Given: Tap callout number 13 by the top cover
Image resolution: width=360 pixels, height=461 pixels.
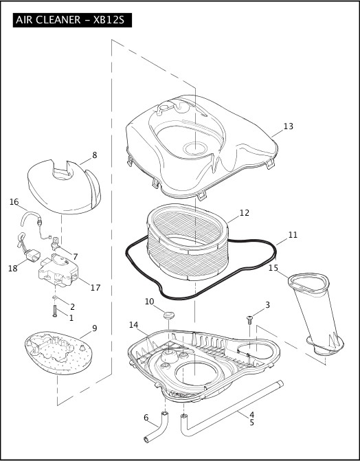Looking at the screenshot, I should pyautogui.click(x=288, y=126).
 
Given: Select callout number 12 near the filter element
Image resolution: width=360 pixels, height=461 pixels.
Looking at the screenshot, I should pyautogui.click(x=244, y=213).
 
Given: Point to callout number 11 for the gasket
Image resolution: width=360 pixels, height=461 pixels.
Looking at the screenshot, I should pyautogui.click(x=293, y=235).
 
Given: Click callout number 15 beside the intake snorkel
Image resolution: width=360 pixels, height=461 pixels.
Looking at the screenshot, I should pyautogui.click(x=273, y=267).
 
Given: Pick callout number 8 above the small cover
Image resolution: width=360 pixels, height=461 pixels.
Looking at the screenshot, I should pyautogui.click(x=94, y=155).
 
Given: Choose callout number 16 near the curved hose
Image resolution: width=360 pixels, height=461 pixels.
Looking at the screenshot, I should pyautogui.click(x=14, y=202).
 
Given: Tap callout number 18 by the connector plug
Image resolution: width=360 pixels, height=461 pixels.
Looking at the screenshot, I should pyautogui.click(x=12, y=268).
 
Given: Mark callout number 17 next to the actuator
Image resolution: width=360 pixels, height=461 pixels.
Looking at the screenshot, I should pyautogui.click(x=95, y=288).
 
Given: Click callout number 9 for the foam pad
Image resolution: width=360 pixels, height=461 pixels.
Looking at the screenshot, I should pyautogui.click(x=94, y=328).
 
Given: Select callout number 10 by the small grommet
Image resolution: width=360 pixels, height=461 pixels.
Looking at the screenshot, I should pyautogui.click(x=149, y=302).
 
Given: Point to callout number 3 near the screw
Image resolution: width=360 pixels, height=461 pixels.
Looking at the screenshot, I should pyautogui.click(x=267, y=304).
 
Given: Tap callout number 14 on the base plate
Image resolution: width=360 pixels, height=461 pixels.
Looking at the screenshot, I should pyautogui.click(x=133, y=324).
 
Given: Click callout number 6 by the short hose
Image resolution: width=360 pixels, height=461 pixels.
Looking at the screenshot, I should pyautogui.click(x=146, y=417).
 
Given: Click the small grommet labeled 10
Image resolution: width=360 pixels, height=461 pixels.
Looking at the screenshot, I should pyautogui.click(x=168, y=315).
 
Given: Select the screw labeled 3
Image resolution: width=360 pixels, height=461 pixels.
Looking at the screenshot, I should pyautogui.click(x=250, y=319).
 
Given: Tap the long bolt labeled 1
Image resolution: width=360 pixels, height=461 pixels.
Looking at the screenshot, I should pyautogui.click(x=54, y=311).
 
